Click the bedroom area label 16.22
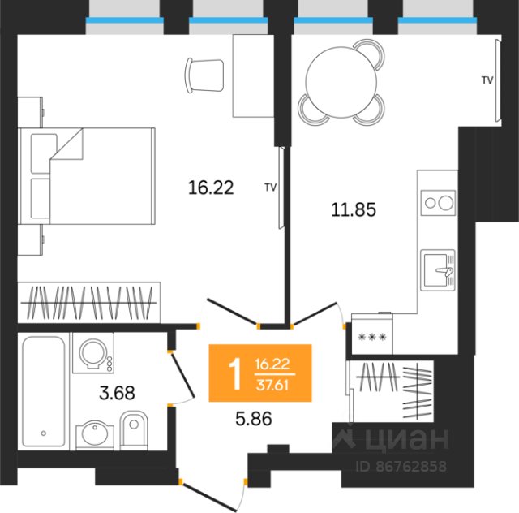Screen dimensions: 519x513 click(211, 188)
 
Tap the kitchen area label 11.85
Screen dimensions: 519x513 click(354, 209)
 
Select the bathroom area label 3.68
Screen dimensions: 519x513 click(117, 393)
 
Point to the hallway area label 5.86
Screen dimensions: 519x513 click(254, 419)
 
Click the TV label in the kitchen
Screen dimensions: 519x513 click(487, 80)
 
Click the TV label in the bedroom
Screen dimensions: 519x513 click(270, 188)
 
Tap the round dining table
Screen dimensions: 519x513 click(341, 82)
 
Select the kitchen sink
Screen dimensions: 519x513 click(438, 270)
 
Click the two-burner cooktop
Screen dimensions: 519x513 click(438, 203)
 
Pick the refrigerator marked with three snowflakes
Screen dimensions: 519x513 click(372, 334)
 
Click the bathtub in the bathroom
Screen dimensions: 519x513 click(43, 391)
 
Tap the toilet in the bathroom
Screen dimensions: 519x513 click(133, 430)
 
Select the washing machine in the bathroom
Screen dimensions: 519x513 click(93, 353)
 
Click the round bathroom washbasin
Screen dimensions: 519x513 click(95, 434)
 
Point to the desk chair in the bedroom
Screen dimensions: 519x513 click(204, 75)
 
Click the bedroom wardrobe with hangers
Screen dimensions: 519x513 click(89, 302)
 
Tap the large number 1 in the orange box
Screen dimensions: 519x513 click(236, 375)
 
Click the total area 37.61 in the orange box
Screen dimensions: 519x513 click(272, 385)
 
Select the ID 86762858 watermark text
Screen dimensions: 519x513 click(401, 466)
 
